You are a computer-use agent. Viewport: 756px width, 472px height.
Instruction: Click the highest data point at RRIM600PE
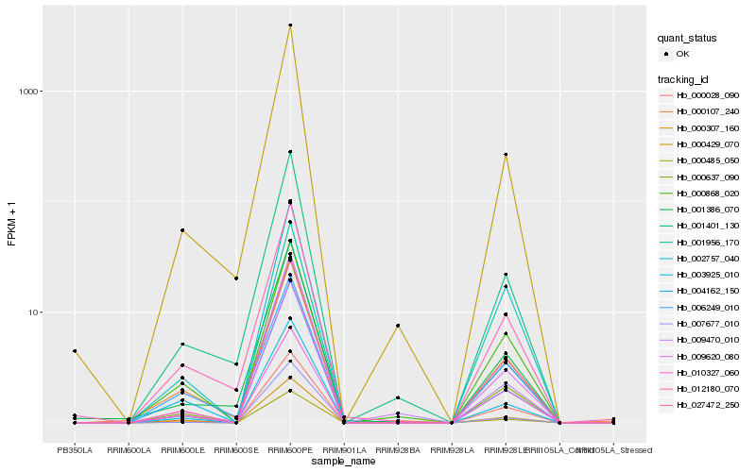(x=290, y=25)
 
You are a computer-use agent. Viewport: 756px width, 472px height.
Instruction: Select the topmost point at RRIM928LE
(x=506, y=155)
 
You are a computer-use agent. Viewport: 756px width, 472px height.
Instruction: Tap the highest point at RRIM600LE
(x=182, y=230)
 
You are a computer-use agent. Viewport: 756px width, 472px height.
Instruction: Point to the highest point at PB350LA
(x=75, y=351)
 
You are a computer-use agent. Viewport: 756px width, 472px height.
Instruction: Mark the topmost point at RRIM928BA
(x=398, y=326)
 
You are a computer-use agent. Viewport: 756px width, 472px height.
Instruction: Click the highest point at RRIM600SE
(x=236, y=278)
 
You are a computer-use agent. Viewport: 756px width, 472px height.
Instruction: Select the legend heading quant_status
(x=688, y=39)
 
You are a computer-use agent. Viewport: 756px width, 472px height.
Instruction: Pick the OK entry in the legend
(x=696, y=55)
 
